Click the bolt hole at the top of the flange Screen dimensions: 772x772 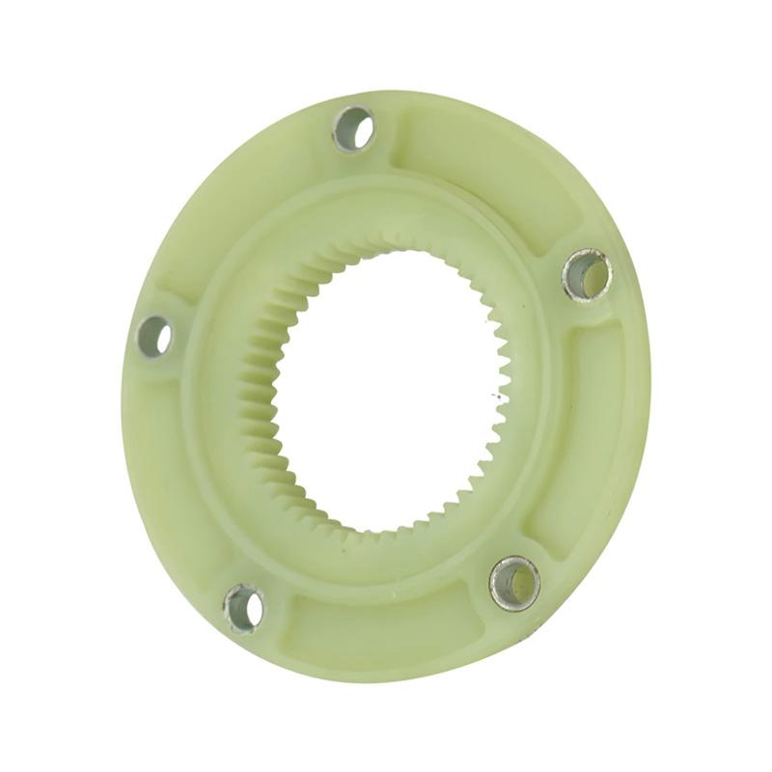[354, 127]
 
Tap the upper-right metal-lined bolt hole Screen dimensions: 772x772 [588, 275]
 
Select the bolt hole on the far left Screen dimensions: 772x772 [154, 336]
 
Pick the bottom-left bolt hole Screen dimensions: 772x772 [244, 608]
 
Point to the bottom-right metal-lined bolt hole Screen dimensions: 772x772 [514, 583]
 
